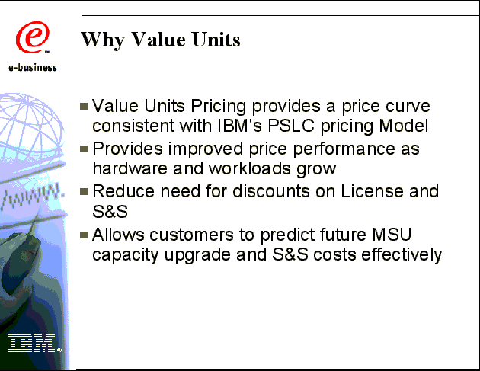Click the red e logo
click(33, 37)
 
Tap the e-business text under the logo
click(33, 68)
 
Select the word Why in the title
click(103, 40)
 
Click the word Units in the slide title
click(216, 40)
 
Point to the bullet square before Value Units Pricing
click(84, 106)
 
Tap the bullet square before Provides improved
click(84, 149)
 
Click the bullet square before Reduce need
click(84, 192)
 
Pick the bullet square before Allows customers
click(84, 235)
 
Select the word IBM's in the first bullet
click(239, 126)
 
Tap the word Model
click(404, 126)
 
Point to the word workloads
click(249, 168)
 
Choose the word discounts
click(271, 192)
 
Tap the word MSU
click(392, 235)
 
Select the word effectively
click(402, 254)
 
